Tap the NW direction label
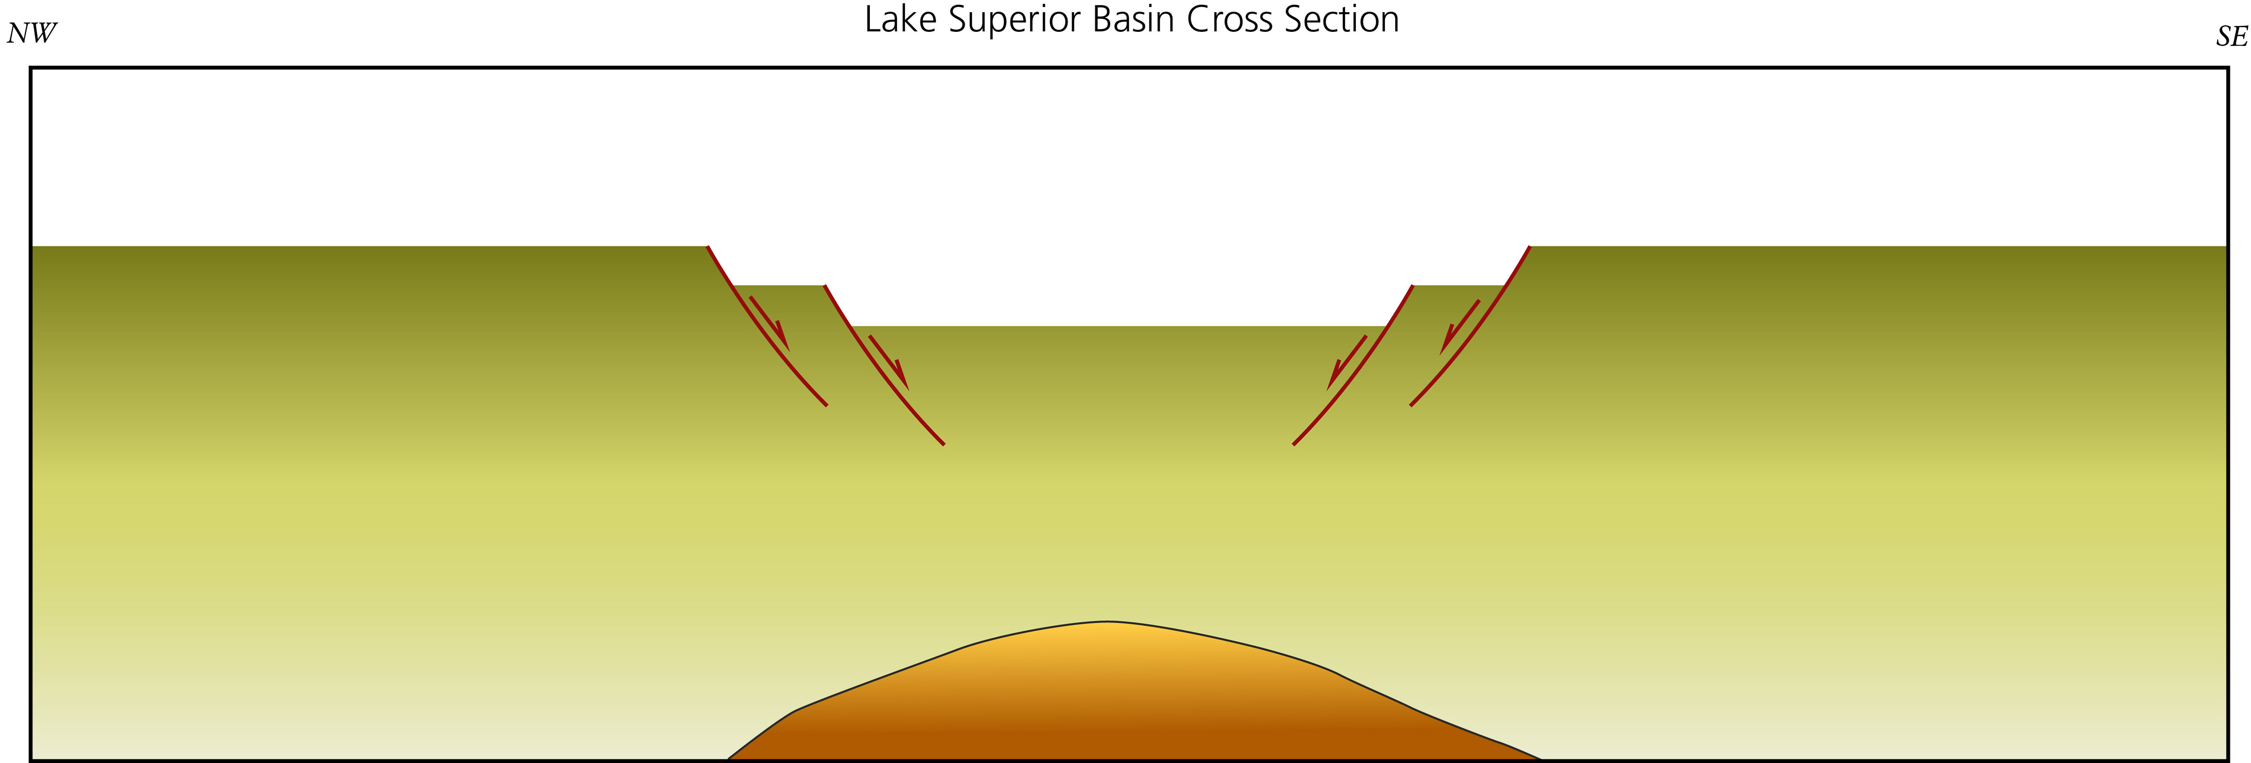31,33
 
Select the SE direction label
2231,37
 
